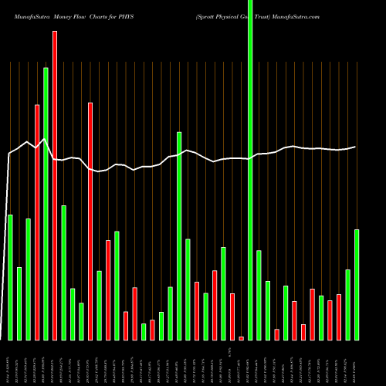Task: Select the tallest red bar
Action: [x=55, y=185]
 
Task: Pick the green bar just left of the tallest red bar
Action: [x=46, y=204]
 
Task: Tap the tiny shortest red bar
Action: [x=241, y=338]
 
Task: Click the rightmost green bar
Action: [x=357, y=284]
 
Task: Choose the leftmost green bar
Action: [x=10, y=277]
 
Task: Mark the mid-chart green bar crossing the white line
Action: [x=179, y=235]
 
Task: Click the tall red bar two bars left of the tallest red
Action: [x=37, y=222]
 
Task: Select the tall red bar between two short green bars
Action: [x=90, y=221]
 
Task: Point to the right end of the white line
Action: [x=356, y=147]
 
